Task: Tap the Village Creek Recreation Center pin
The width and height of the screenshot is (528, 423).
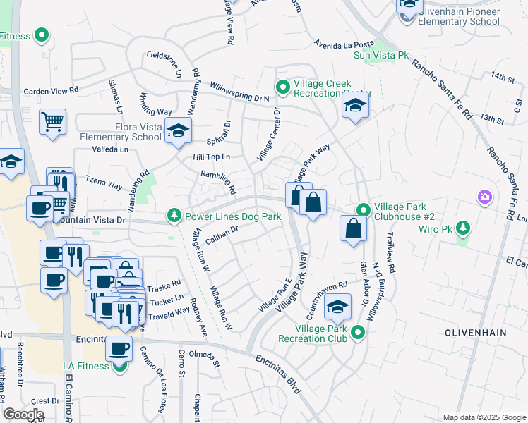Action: [283, 87]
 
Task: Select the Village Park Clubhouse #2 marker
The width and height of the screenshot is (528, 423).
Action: [363, 210]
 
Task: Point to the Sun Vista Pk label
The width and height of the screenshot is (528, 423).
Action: [381, 54]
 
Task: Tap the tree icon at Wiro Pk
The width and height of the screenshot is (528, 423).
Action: [462, 227]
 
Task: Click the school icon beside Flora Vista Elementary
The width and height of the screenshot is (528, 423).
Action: [178, 130]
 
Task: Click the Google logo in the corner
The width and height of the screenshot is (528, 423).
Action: [23, 415]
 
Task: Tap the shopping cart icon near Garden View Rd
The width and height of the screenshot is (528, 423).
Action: [52, 122]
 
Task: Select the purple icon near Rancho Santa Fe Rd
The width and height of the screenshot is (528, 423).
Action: [484, 196]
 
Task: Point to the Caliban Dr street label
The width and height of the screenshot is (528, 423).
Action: [220, 238]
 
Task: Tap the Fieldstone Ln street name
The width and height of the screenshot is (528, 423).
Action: [164, 63]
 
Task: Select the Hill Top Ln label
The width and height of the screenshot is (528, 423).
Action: [212, 157]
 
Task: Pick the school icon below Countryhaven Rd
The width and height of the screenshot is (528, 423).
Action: [337, 308]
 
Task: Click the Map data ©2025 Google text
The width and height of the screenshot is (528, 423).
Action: [483, 417]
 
